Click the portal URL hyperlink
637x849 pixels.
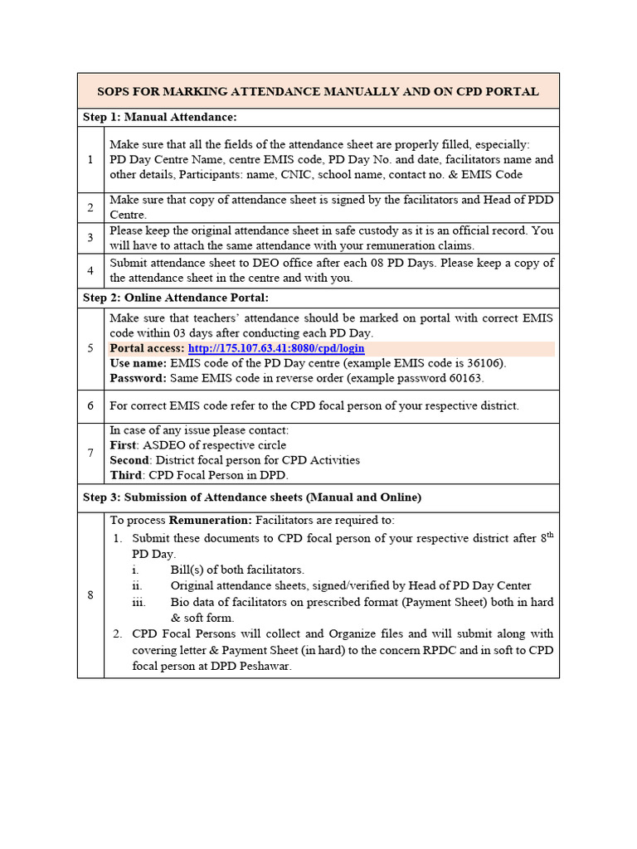click(276, 348)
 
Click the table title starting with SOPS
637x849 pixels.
click(318, 91)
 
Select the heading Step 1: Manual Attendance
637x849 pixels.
click(160, 117)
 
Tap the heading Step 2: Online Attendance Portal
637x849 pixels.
click(176, 297)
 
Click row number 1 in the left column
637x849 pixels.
click(90, 159)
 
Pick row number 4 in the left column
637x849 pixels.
click(90, 270)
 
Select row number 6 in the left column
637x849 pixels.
click(90, 406)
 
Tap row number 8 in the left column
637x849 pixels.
click(90, 594)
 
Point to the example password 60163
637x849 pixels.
click(465, 378)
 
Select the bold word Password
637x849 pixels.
click(138, 378)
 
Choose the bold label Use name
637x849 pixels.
click(138, 363)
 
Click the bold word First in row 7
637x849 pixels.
click(123, 445)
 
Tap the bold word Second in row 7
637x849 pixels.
click(129, 460)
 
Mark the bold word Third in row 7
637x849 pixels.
click(125, 475)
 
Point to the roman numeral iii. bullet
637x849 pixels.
click(140, 602)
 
